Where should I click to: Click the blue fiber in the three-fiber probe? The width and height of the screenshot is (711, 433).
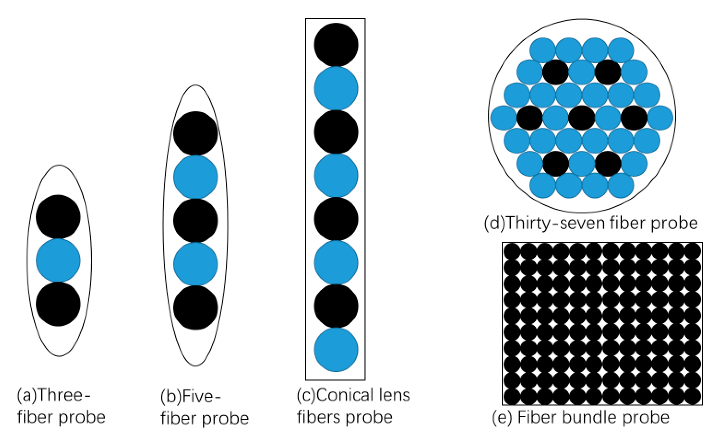pyautogui.click(x=58, y=260)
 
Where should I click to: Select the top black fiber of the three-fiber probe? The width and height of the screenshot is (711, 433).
pyautogui.click(x=58, y=217)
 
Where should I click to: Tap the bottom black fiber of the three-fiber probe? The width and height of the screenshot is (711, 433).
pyautogui.click(x=58, y=304)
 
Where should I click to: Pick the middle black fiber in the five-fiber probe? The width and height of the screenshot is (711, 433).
pyautogui.click(x=196, y=221)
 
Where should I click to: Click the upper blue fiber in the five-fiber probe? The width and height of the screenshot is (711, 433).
pyautogui.click(x=196, y=177)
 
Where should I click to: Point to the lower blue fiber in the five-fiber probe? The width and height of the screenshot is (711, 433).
pyautogui.click(x=196, y=264)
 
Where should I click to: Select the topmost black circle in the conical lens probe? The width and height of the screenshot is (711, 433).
pyautogui.click(x=336, y=45)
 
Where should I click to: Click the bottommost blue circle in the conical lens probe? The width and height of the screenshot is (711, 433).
pyautogui.click(x=336, y=350)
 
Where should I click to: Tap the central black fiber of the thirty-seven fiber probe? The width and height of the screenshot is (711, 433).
pyautogui.click(x=581, y=118)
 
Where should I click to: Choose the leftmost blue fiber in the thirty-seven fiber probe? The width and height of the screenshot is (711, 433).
pyautogui.click(x=503, y=118)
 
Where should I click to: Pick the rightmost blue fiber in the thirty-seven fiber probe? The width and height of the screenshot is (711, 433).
pyautogui.click(x=660, y=118)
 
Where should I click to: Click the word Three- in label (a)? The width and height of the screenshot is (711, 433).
pyautogui.click(x=64, y=395)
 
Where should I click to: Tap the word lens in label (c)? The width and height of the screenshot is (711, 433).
pyautogui.click(x=394, y=395)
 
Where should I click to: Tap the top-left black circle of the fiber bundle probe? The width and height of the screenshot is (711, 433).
pyautogui.click(x=512, y=251)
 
